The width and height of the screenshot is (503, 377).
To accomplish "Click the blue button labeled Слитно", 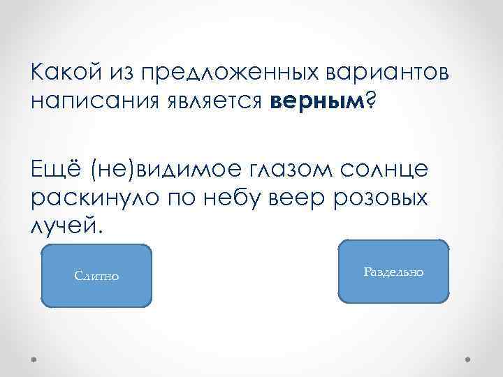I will click(96, 276).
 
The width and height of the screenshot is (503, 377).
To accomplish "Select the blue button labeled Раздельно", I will click(393, 272).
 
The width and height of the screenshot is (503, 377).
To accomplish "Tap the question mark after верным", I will click(370, 103).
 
